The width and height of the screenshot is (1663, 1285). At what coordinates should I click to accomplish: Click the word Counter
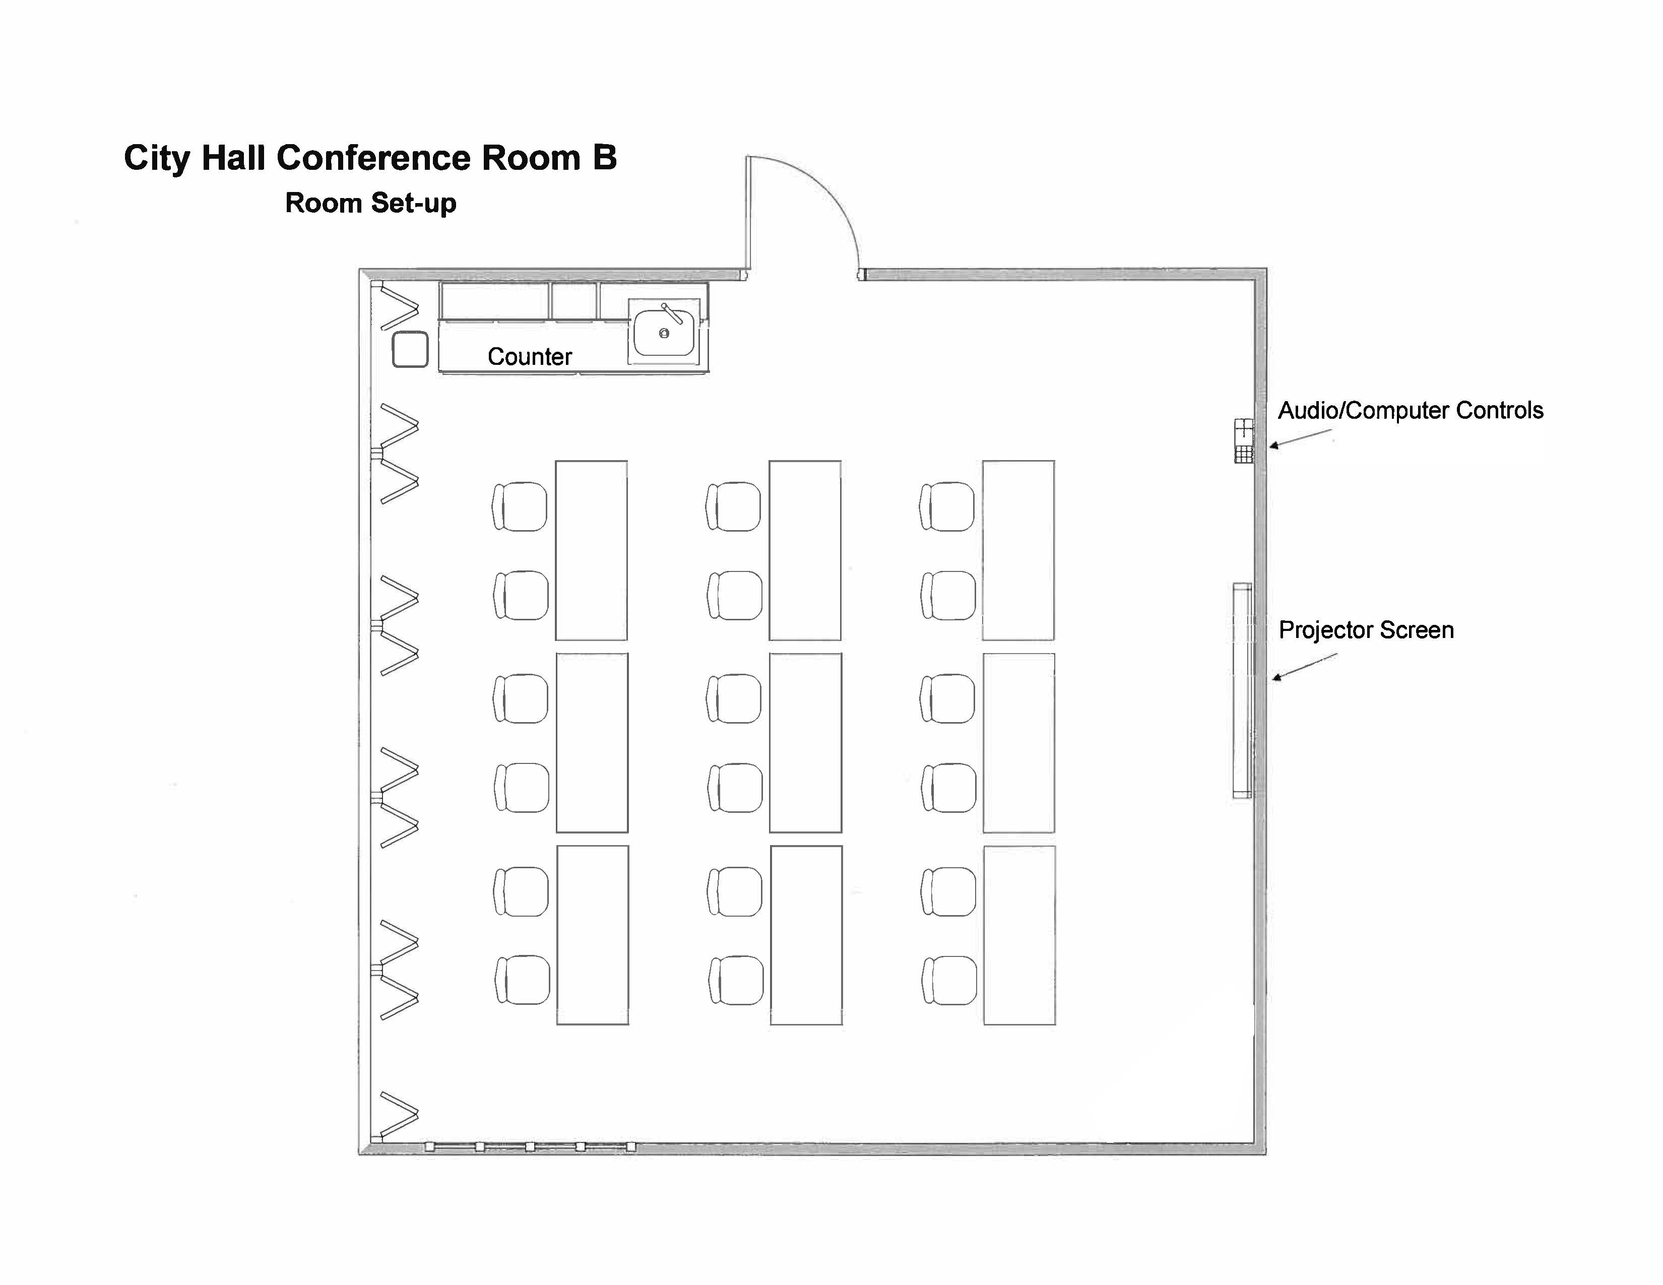coord(529,356)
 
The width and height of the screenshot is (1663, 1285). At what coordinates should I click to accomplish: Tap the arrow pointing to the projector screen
coord(1304,667)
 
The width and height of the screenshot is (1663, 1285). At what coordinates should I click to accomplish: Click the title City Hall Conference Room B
coord(370,158)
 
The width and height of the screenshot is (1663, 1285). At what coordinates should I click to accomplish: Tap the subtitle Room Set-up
coord(370,203)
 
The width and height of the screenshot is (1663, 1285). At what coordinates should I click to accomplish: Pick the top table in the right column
coord(1018,550)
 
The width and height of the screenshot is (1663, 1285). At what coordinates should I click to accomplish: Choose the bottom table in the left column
coord(593,935)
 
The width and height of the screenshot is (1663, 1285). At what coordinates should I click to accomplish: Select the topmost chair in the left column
coord(520,506)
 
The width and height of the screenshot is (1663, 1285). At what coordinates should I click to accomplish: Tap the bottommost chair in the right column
coord(949,981)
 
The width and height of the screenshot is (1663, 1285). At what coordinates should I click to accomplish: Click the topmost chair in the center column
coord(733,506)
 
